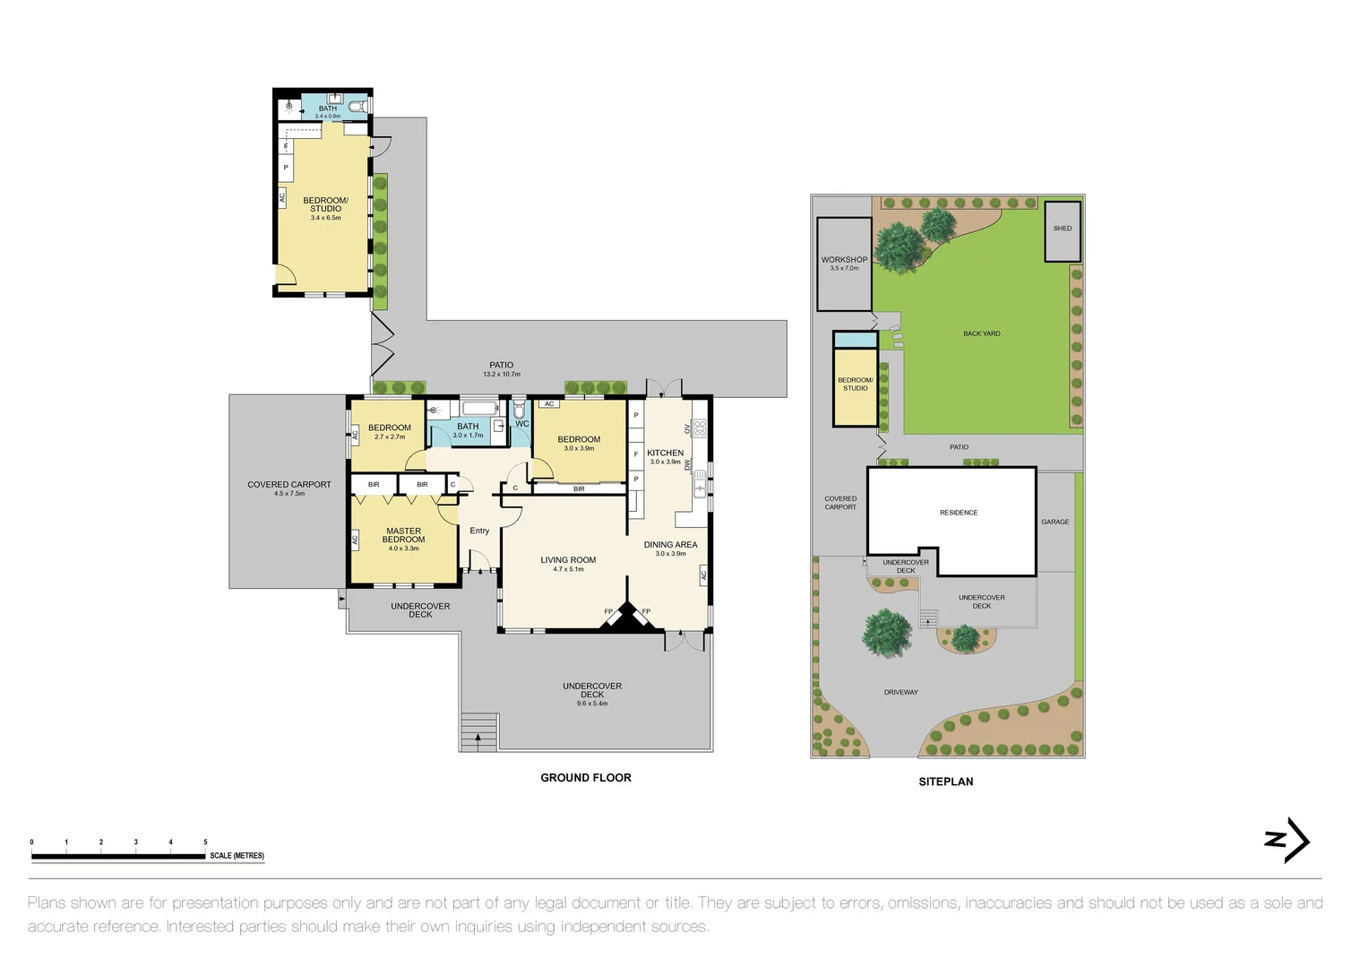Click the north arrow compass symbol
point(1287,840)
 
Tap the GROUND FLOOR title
point(585,777)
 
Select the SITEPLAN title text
point(945,782)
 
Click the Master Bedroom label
point(403,535)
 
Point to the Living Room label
point(568,560)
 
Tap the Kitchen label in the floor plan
point(665,454)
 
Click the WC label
point(522,424)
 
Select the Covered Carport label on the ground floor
point(288,485)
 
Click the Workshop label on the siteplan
point(844,260)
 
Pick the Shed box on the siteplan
point(1063,230)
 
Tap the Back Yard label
point(981,333)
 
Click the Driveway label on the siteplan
point(900,692)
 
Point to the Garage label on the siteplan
point(1055,522)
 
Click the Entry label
point(479,531)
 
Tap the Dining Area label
point(670,545)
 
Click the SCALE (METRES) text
point(237,856)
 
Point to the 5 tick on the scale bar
point(205,843)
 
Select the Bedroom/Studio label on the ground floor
point(325,204)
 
